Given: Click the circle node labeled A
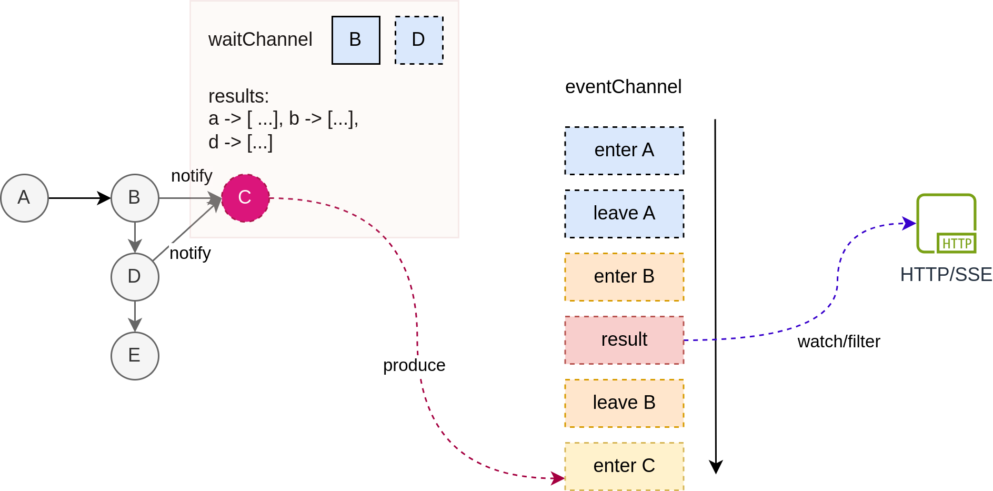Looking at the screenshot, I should point(24,198).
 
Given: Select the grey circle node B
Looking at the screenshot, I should point(135,198).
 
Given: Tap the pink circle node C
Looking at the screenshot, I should point(245,198).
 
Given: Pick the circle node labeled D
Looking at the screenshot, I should point(135,277).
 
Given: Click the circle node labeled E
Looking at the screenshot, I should point(135,356).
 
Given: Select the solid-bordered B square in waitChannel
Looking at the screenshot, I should point(356,40).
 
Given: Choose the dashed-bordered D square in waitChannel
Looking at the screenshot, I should point(419,40).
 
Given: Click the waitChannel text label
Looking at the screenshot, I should point(260,39).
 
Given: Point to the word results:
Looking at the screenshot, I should point(238,96).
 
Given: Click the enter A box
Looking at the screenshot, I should point(624,151).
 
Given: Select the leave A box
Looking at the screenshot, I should point(624,214).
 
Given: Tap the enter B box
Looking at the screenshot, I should point(624,277).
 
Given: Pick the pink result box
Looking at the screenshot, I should point(624,340).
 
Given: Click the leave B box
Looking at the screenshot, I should point(624,403).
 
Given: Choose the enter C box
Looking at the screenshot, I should point(624,466).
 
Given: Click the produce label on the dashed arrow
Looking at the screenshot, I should point(414,365).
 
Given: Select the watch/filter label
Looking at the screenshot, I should point(839,342).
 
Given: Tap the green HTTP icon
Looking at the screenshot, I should point(946,223).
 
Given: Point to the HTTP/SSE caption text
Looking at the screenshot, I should point(946,274).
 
